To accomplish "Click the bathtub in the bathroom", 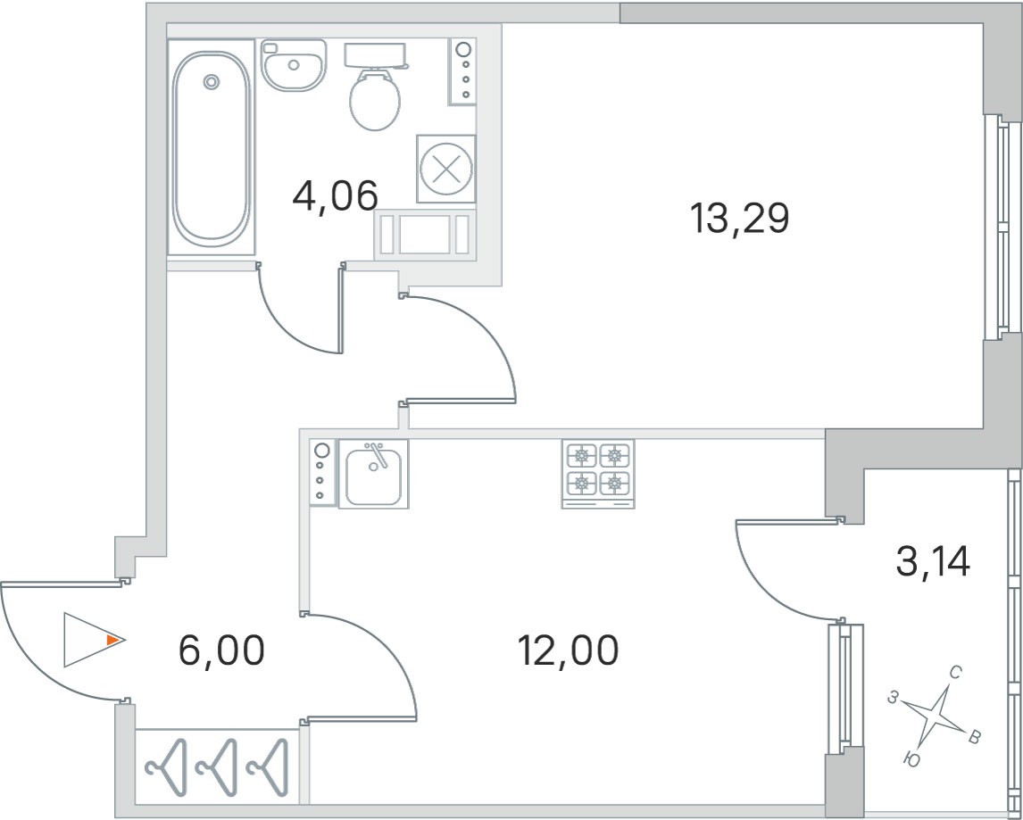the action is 212,147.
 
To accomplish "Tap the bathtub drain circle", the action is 211,81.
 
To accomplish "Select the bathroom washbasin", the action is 294,64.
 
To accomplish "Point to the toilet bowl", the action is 375,100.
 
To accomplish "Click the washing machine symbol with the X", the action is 446,170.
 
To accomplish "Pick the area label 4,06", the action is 336,196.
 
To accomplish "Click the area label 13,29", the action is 739,219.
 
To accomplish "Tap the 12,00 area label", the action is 568,651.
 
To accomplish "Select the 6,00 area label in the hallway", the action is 221,651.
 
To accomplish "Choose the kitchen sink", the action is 373,474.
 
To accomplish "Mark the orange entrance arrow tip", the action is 122,640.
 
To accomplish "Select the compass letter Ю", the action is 912,758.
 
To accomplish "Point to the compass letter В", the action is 973,738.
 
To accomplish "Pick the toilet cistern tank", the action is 376,55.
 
